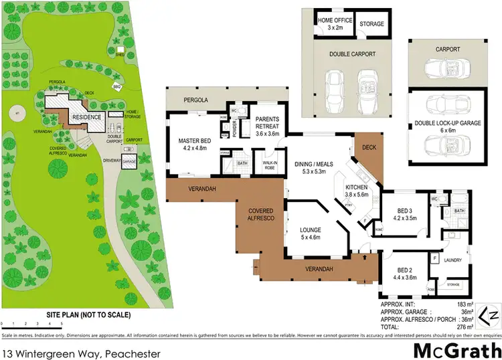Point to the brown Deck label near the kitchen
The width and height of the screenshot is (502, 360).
pyautogui.click(x=369, y=148)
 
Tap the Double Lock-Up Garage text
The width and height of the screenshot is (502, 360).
pyautogui.click(x=441, y=125)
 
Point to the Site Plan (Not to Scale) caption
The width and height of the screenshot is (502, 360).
pyautogui.click(x=88, y=314)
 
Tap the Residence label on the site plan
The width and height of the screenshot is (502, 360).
pyautogui.click(x=86, y=116)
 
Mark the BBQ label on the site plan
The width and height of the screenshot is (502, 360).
pyautogui.click(x=116, y=86)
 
